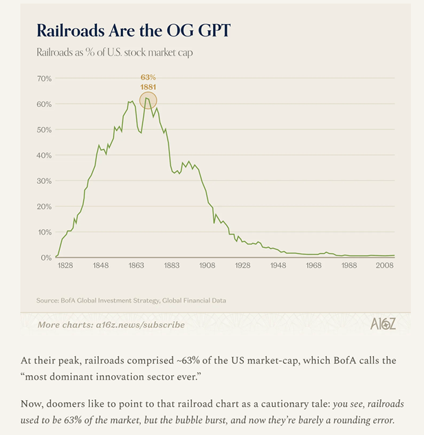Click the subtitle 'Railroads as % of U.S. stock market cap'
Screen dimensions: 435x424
point(113,53)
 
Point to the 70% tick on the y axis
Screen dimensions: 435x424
point(44,79)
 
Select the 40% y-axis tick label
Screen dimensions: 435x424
point(44,155)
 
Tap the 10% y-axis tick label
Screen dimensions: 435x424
point(44,232)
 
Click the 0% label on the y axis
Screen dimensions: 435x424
point(46,257)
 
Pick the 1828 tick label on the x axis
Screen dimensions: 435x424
point(65,265)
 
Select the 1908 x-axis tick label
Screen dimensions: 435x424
point(208,265)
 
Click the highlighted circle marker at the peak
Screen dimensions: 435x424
point(148,101)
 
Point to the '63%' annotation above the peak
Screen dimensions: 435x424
point(148,78)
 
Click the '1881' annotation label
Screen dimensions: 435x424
point(148,87)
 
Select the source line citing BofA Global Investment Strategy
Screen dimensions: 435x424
point(131,301)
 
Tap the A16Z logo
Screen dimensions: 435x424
point(383,324)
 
